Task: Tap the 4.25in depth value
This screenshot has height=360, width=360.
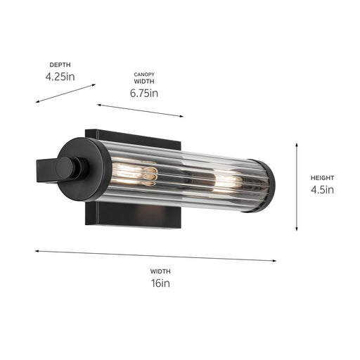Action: click(x=60, y=76)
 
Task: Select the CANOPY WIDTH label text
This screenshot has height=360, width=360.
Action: click(x=144, y=78)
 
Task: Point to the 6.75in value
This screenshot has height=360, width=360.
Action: click(x=144, y=93)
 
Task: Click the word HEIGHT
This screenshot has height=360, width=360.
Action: click(x=322, y=178)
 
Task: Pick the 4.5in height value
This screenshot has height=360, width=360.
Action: click(x=322, y=189)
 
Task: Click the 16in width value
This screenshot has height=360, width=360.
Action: click(x=160, y=283)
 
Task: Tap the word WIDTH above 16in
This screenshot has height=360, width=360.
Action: click(x=160, y=271)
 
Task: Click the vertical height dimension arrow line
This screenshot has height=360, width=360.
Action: click(x=297, y=186)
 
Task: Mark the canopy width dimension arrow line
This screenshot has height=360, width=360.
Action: click(x=140, y=110)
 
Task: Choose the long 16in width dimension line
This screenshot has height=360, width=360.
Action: click(x=155, y=255)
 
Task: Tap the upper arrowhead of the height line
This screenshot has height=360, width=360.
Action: click(x=297, y=145)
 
